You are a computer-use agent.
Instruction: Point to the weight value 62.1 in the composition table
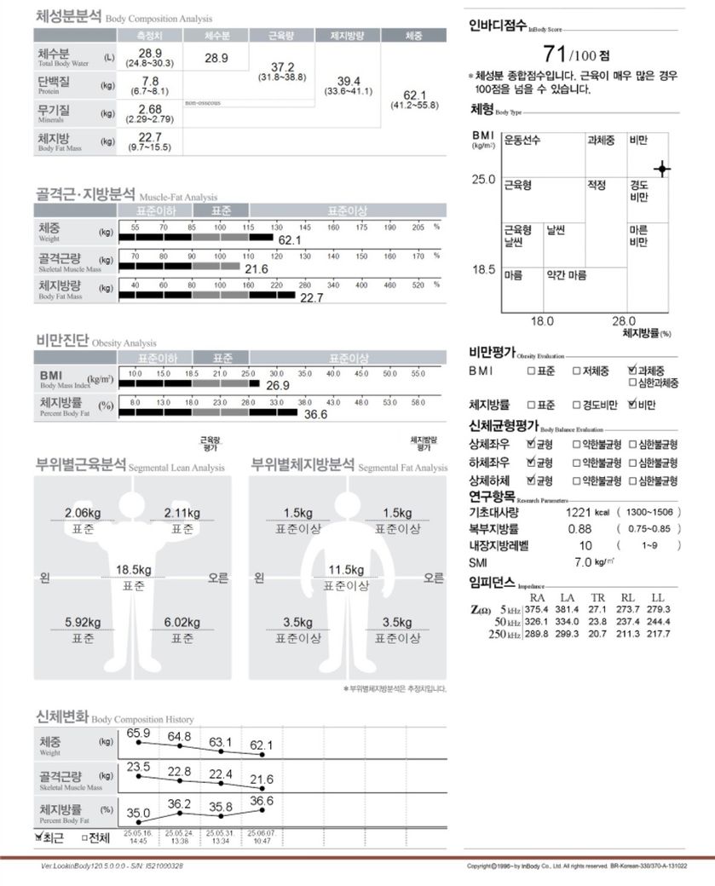[413, 95]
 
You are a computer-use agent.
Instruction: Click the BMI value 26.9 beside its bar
[278, 386]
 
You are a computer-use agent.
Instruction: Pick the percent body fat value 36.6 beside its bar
[316, 414]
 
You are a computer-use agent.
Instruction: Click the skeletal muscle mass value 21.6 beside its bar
[257, 269]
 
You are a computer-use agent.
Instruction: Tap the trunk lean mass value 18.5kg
[134, 569]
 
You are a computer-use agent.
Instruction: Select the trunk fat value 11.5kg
[347, 569]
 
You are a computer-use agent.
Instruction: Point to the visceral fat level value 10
[585, 545]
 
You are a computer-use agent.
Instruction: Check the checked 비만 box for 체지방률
[631, 405]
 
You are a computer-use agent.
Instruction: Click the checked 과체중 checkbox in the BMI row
[631, 371]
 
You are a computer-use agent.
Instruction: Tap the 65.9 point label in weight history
[138, 734]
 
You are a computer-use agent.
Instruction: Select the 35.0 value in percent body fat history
[138, 813]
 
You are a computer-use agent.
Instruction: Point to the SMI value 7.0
[583, 562]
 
